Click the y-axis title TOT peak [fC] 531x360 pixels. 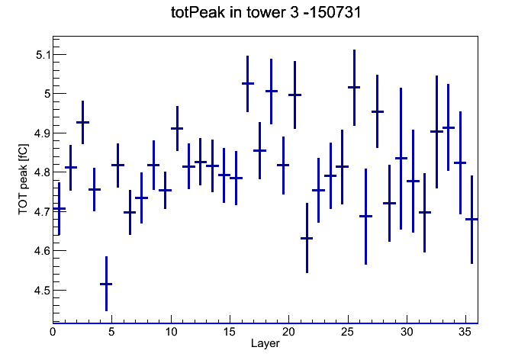point(24,179)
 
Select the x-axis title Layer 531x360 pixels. point(265,343)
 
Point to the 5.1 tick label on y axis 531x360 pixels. point(43,55)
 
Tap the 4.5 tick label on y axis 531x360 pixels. point(42,291)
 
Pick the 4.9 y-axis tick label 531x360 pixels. point(42,133)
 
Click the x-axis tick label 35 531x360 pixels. point(465,332)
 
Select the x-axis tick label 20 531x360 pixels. point(288,332)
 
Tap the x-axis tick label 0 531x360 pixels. point(53,332)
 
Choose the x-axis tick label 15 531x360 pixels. point(230,332)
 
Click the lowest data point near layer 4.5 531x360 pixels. point(106,284)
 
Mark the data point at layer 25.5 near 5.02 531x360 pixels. point(354,88)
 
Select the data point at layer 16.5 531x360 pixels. point(247,83)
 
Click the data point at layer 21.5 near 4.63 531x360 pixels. point(307,238)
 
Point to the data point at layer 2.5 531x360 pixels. point(82,122)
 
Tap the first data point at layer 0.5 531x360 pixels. point(59,209)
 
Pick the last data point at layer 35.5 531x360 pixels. point(471,220)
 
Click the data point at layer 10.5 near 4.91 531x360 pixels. point(177,128)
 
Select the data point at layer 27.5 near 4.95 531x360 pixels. point(377,111)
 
